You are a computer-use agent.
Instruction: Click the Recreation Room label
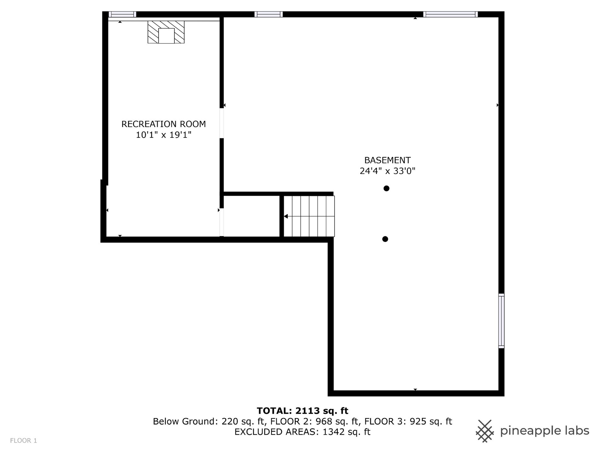(164, 124)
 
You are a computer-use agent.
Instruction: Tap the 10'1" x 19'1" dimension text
(164, 135)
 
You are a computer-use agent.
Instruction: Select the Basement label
(387, 160)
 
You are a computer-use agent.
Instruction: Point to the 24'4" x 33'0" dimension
(387, 171)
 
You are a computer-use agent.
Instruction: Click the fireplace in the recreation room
(166, 32)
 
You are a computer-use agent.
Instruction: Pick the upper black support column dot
(386, 189)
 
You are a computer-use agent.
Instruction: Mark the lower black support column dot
(385, 239)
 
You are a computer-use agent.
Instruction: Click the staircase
(309, 216)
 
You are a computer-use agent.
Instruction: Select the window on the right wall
(501, 321)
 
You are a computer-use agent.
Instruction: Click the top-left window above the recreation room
(122, 14)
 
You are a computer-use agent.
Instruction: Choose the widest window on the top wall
(450, 14)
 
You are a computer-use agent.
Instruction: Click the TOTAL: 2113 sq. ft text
(302, 411)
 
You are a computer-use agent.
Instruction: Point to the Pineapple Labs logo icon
(485, 431)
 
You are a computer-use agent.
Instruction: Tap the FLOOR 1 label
(24, 441)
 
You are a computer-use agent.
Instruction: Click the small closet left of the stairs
(251, 216)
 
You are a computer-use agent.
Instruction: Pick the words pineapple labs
(544, 431)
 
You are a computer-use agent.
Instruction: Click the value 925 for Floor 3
(418, 422)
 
